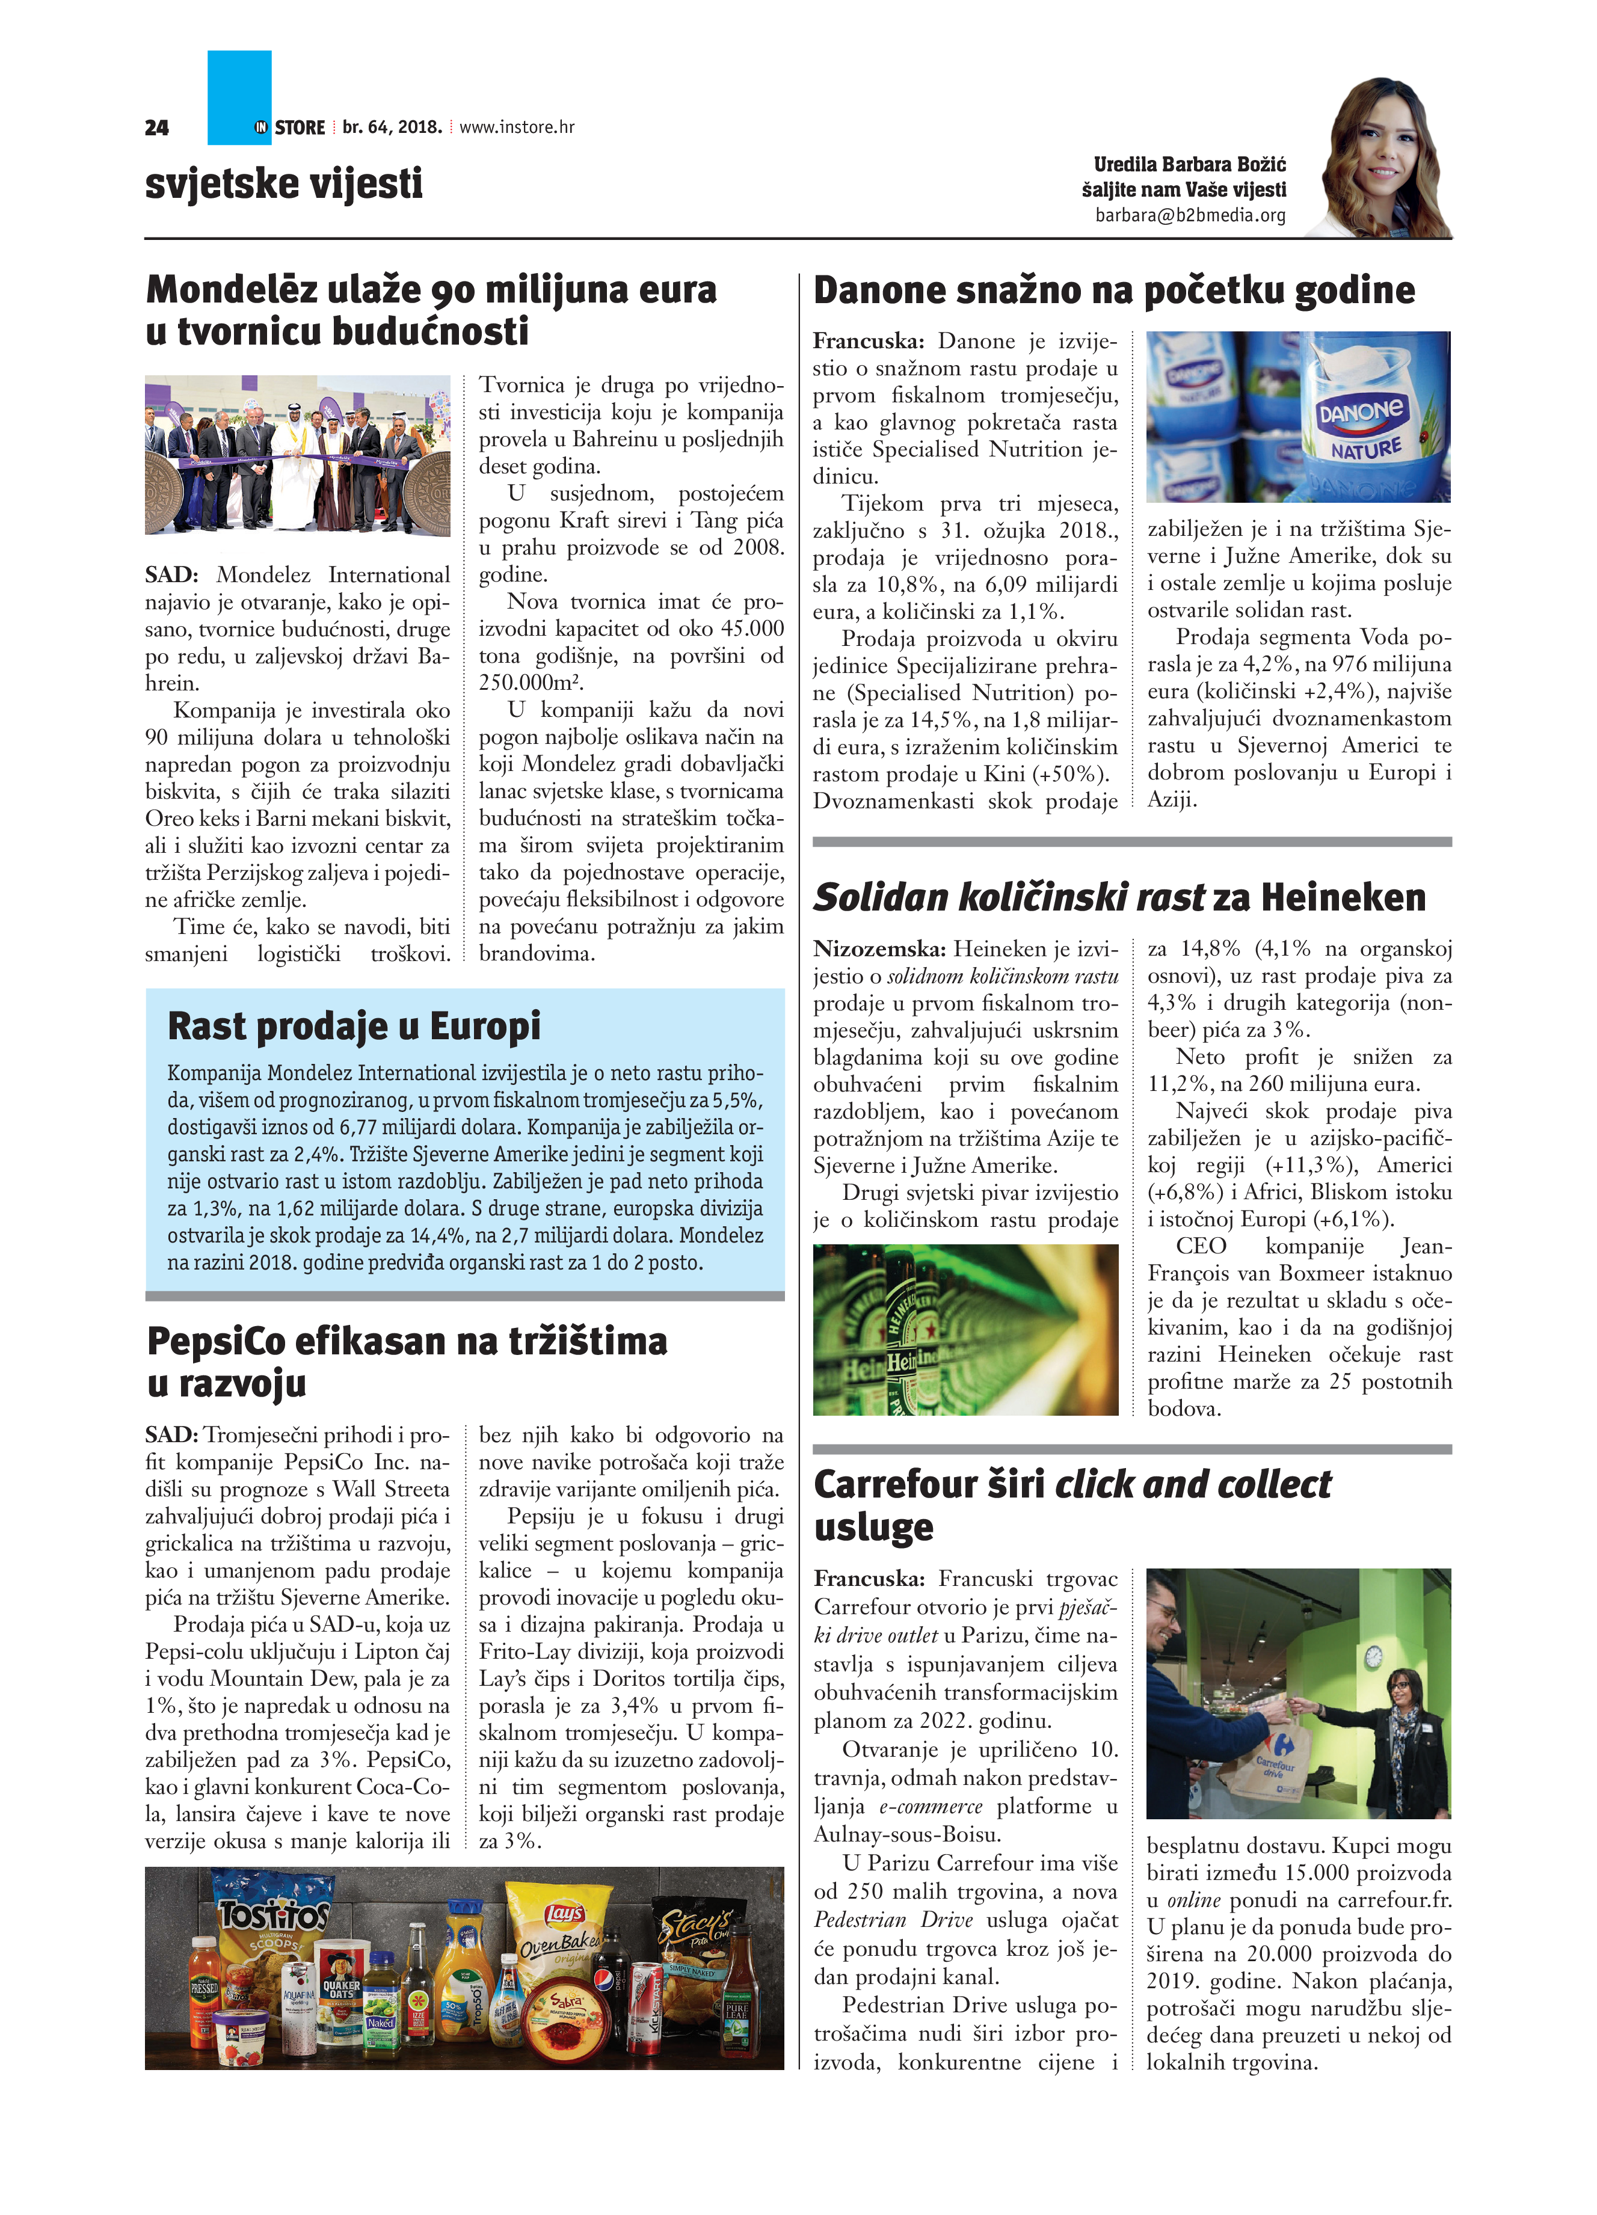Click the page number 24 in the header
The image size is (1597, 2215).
[156, 127]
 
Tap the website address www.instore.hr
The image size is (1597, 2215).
[517, 127]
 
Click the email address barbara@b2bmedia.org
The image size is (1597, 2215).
[1190, 215]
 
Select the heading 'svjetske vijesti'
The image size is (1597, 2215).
[283, 183]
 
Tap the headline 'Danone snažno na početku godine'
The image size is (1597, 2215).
[1113, 290]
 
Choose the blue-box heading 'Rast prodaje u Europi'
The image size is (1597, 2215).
[354, 1027]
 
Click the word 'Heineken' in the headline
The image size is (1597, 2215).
[1343, 897]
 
